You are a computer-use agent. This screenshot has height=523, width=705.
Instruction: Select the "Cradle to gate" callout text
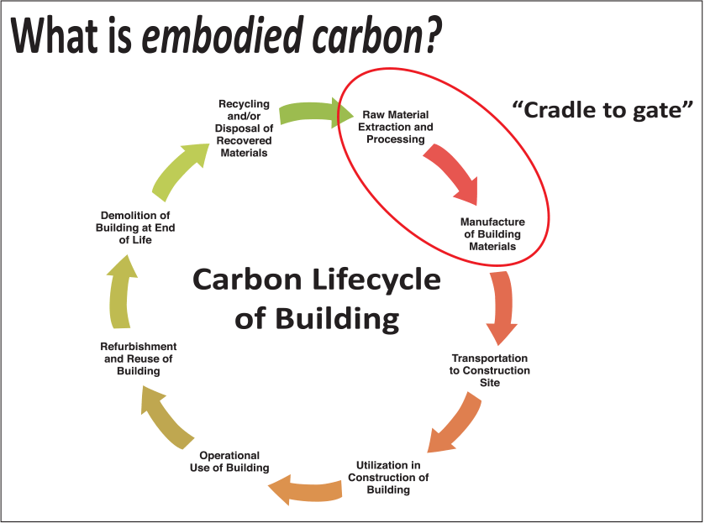(x=602, y=108)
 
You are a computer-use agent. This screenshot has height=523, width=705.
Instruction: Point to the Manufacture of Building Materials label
(x=492, y=234)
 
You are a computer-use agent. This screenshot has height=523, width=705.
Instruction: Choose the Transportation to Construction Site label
(x=491, y=370)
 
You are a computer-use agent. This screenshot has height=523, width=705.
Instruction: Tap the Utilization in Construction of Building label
(x=388, y=477)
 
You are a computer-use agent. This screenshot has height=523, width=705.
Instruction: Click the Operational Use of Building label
(x=229, y=462)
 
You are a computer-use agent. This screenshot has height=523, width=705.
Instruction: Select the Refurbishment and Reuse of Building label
(x=139, y=358)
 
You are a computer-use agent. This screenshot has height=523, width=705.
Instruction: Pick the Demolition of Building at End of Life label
(x=137, y=228)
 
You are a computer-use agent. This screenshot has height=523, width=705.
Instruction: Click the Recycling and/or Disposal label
(x=244, y=128)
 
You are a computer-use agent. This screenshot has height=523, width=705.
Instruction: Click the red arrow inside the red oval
(x=451, y=171)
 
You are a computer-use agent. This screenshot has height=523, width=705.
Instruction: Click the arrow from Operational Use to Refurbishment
(x=168, y=416)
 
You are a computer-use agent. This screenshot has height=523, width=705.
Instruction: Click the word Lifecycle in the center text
(x=378, y=279)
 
